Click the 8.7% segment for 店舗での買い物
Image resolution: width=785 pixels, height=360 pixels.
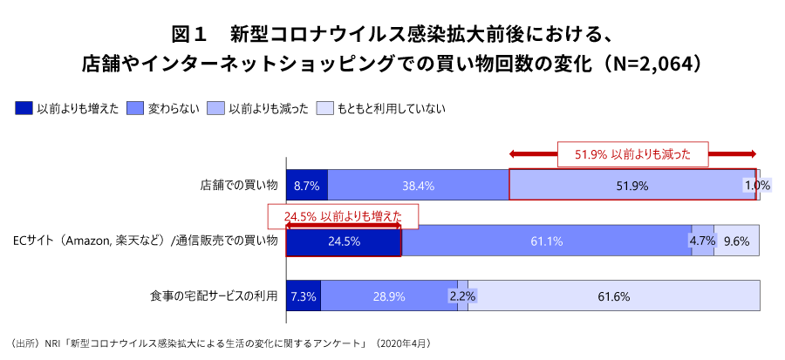[307, 186]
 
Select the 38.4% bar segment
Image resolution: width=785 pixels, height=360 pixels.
[418, 186]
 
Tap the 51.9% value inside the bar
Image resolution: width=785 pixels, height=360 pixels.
[632, 186]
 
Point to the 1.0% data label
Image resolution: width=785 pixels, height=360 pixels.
[757, 186]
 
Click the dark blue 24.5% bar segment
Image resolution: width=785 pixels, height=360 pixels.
[344, 241]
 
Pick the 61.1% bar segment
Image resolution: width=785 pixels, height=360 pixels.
[546, 241]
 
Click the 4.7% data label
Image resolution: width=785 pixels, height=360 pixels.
[702, 241]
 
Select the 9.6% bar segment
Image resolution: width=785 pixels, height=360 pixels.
[737, 241]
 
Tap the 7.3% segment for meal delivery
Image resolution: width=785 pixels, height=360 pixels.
[304, 296]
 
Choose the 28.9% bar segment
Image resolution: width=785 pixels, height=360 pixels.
[389, 296]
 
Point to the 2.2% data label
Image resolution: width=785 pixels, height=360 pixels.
[462, 296]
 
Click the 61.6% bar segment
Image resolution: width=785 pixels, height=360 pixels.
[614, 296]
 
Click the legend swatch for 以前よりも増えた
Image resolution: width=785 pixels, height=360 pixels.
[24, 109]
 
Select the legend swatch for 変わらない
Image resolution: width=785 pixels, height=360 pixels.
[134, 109]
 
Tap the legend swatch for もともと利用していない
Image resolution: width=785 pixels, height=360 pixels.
[324, 109]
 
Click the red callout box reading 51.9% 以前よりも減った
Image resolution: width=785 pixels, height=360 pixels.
[632, 154]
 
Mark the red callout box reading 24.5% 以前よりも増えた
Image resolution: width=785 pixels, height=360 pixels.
[343, 216]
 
